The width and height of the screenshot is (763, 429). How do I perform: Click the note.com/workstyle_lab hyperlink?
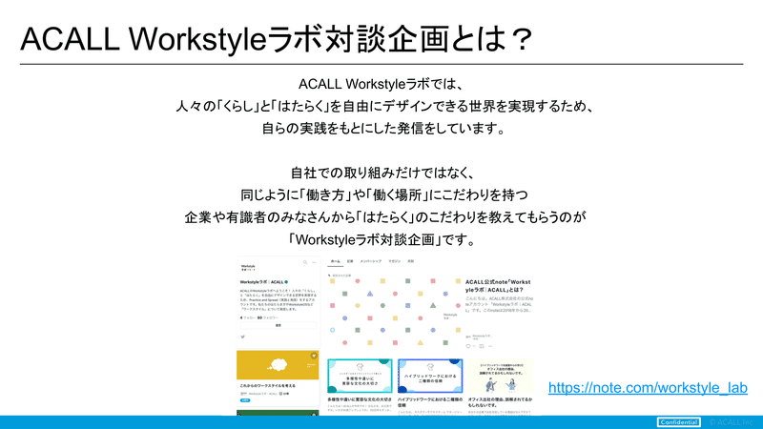click(648, 388)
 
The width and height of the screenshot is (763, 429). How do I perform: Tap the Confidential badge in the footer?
click(678, 421)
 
